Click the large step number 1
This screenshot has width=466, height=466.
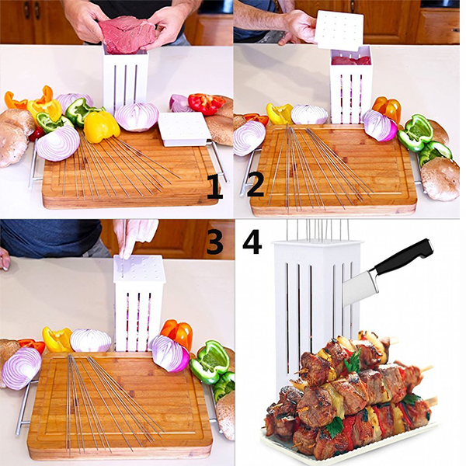click(x=215, y=186)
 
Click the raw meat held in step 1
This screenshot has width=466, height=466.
click(x=128, y=35)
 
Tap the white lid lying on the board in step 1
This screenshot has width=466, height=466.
click(x=183, y=129)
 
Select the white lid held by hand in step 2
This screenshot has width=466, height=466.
click(x=339, y=30)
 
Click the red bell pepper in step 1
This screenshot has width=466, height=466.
click(x=207, y=103)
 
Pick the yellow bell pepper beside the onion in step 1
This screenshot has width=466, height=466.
click(x=101, y=127)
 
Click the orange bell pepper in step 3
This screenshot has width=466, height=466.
click(x=177, y=333)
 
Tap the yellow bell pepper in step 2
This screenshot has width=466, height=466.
click(x=280, y=114)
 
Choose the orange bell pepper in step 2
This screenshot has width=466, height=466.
click(x=387, y=108)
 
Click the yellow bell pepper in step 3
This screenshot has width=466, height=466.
click(x=57, y=339)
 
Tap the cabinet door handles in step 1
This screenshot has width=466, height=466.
click(x=31, y=11)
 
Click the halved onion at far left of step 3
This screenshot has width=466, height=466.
click(x=22, y=368)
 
